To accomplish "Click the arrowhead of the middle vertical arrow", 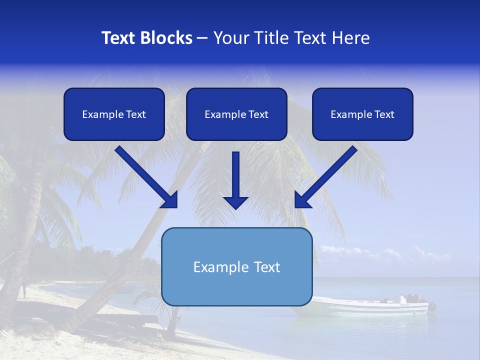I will click(x=236, y=202).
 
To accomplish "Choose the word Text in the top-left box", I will click(x=135, y=114).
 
